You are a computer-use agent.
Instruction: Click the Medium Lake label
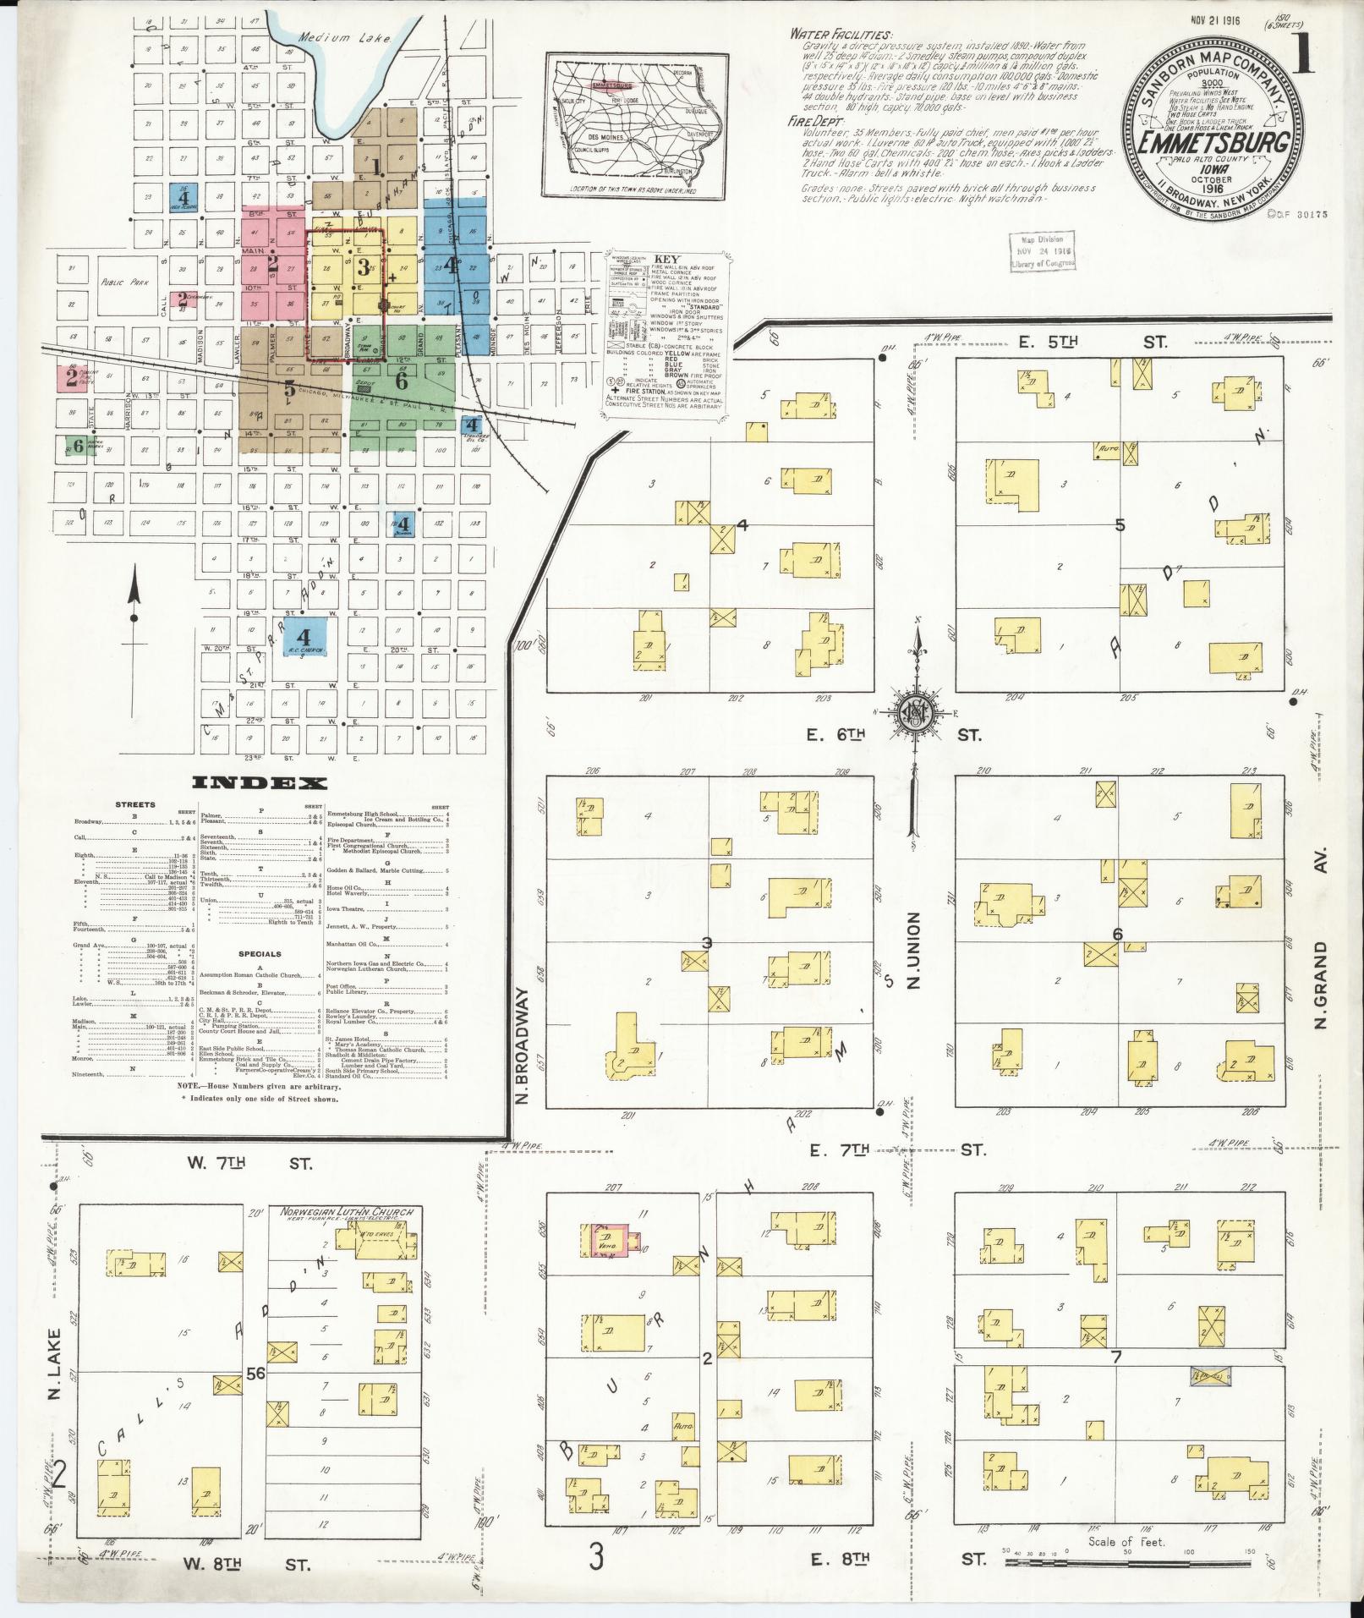pos(325,37)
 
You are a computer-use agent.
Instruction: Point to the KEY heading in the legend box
pos(668,260)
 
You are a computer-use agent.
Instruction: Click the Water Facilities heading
pos(839,35)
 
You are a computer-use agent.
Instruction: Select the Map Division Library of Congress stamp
pos(1043,250)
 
